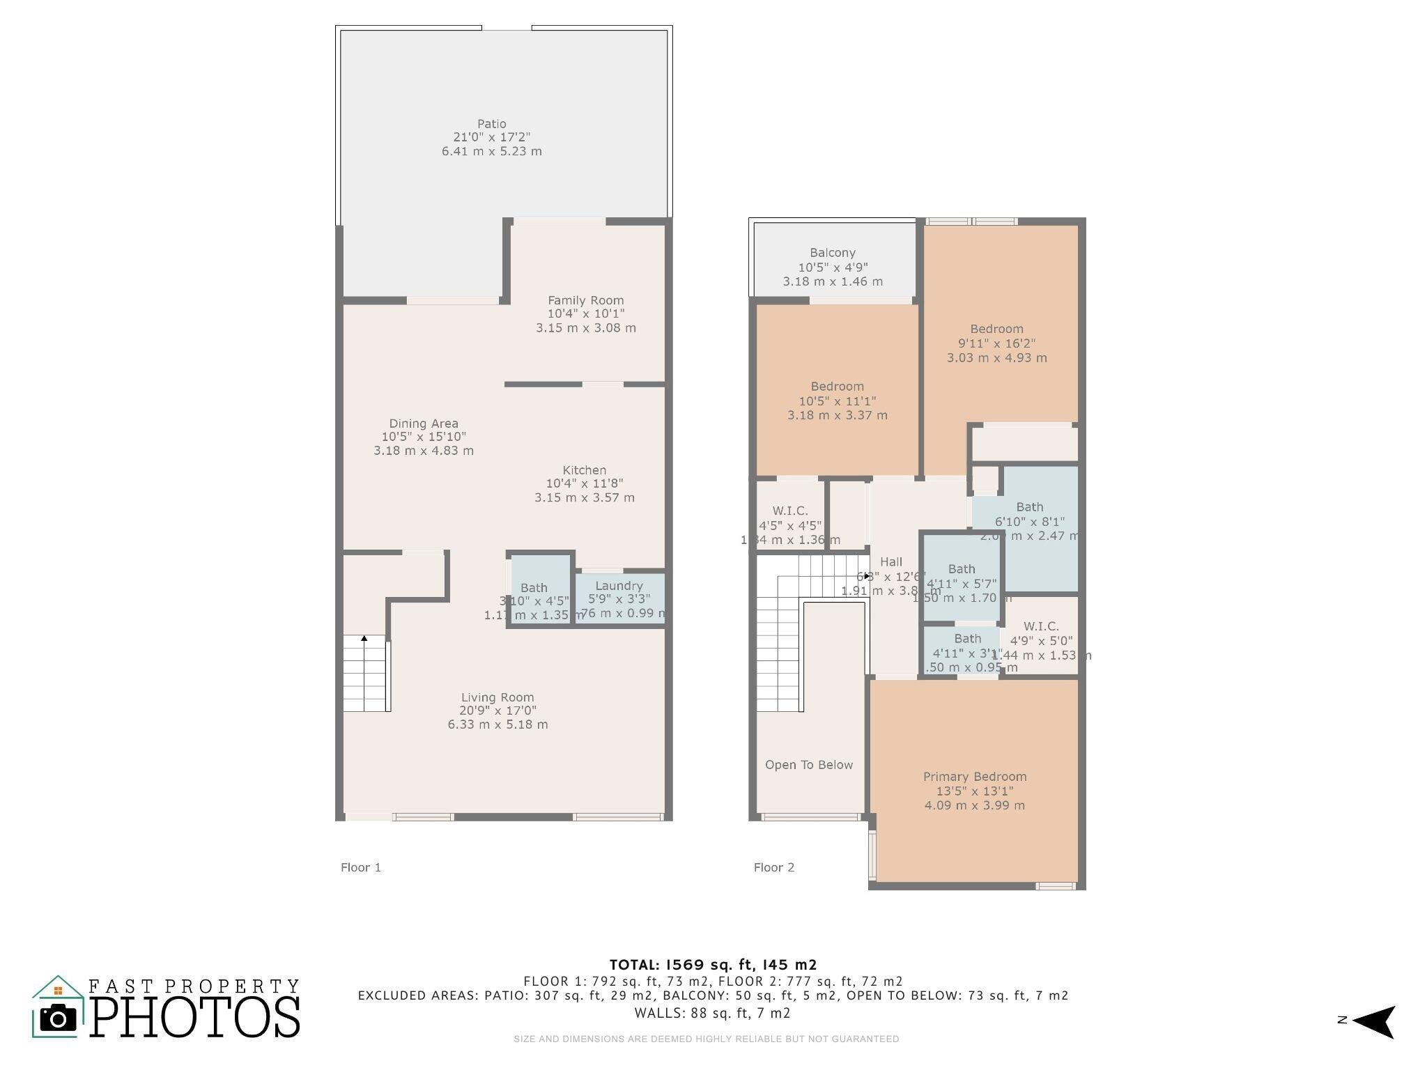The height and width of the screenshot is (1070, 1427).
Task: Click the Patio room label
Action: coord(492,124)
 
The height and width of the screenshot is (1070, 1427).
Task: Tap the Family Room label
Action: coord(585,300)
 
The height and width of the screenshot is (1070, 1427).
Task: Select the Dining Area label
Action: coord(424,424)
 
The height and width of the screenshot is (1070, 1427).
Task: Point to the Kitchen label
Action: coord(585,470)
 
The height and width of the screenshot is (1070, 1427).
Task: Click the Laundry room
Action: coord(619,598)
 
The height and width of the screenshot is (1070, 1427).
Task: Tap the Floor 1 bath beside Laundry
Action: coord(534,589)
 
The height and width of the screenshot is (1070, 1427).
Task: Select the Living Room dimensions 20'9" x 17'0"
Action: coord(497,711)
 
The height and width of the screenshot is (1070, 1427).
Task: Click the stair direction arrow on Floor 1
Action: coord(364,638)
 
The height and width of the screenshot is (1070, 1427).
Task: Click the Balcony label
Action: coord(833,253)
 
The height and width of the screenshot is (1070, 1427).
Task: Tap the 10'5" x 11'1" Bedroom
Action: coord(838,401)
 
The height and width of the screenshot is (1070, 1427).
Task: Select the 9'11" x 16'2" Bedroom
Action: coord(996,343)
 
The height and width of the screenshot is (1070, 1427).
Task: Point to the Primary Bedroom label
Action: coord(975,777)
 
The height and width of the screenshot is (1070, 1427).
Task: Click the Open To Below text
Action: coord(808,765)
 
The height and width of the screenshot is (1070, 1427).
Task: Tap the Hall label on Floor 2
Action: coord(891,561)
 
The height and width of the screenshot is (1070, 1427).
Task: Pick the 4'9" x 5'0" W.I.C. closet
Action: coord(1042,634)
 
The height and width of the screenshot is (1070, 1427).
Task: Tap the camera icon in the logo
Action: coord(58,1018)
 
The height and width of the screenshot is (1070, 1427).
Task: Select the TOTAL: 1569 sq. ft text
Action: coord(713,965)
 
